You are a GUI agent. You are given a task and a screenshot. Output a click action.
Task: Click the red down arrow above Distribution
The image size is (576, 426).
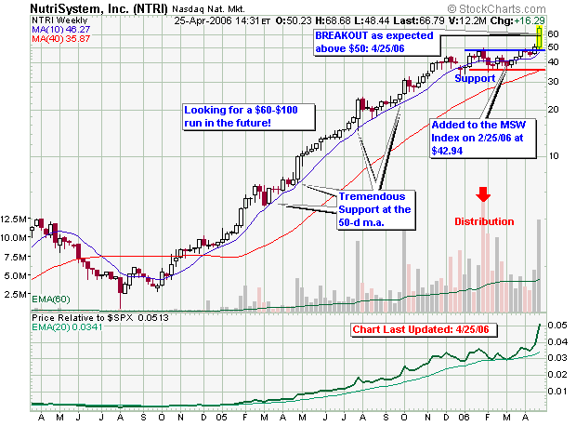coord(483,194)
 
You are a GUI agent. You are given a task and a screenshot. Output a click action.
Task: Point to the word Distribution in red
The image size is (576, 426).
coord(483,221)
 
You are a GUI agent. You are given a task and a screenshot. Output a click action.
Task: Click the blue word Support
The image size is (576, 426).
coord(475,79)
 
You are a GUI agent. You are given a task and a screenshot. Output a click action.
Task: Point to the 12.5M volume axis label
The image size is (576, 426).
coord(16,220)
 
